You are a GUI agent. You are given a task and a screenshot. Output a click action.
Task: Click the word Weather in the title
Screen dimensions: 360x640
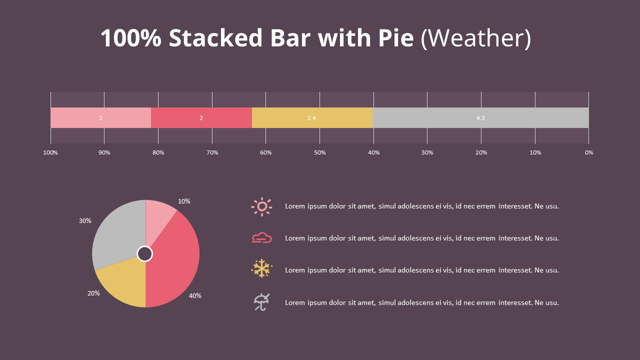[475, 38]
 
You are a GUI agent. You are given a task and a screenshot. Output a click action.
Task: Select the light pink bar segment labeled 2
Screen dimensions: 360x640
[100, 118]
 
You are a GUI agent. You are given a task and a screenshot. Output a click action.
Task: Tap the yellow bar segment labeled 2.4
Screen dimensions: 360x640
[311, 118]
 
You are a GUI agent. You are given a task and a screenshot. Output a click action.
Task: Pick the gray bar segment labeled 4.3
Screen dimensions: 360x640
[480, 118]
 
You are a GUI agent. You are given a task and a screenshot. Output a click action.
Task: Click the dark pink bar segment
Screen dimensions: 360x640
[201, 118]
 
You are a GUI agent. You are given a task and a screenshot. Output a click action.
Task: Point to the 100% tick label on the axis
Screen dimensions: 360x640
[50, 152]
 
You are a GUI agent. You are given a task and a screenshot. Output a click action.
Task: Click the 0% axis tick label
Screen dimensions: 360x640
[589, 152]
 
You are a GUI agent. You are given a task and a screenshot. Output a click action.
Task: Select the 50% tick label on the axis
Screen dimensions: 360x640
[319, 152]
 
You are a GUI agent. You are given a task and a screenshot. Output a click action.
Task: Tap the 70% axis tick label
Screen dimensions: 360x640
[212, 152]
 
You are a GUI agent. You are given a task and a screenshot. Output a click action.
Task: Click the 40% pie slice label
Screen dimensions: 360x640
[195, 295]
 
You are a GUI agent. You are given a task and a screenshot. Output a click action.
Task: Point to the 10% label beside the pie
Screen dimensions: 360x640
[184, 201]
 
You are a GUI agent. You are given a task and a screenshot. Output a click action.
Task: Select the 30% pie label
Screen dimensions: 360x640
[85, 220]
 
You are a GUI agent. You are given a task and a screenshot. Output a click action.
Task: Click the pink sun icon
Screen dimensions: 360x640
[261, 206]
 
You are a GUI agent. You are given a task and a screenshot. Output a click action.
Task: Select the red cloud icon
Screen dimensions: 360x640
[261, 238]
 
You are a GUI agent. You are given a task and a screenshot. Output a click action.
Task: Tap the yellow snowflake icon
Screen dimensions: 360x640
[261, 268]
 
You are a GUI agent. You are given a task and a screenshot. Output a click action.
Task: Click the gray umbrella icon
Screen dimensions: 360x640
[261, 302]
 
